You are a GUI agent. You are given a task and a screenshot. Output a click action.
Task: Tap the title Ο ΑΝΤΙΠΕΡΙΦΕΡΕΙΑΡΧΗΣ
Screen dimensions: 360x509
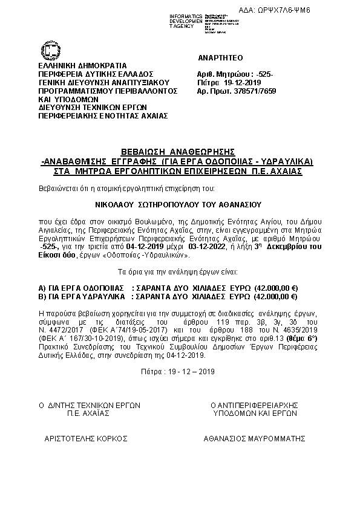point(255,404)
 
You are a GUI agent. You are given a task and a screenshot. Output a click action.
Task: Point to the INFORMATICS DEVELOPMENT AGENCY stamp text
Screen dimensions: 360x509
point(186,20)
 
